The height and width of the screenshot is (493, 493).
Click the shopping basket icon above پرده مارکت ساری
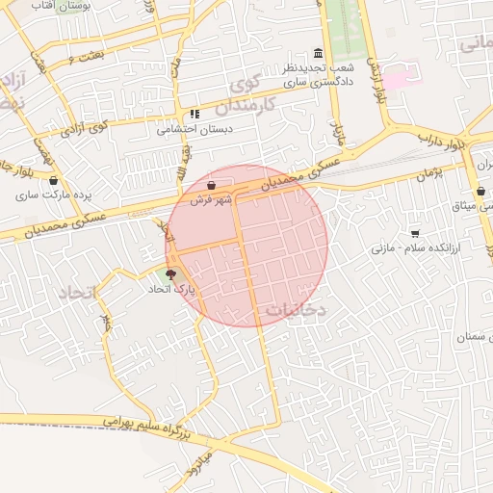point(52,180)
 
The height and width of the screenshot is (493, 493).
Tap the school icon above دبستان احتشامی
point(195,114)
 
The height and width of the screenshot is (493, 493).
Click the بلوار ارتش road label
point(382,86)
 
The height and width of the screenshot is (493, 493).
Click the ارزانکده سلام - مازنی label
point(406,247)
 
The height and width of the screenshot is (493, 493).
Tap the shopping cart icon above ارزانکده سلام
point(415,233)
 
